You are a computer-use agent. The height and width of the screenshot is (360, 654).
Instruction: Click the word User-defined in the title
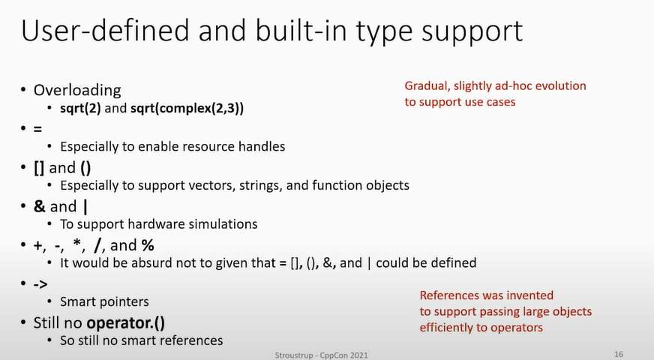pyautogui.click(x=105, y=30)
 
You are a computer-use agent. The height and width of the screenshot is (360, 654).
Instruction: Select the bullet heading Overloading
pyautogui.click(x=77, y=90)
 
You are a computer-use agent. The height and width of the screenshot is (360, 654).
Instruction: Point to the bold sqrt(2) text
pyautogui.click(x=80, y=109)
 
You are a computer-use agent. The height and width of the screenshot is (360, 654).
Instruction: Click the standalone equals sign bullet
pyautogui.click(x=37, y=129)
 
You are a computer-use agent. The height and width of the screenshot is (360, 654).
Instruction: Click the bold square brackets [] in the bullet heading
pyautogui.click(x=39, y=168)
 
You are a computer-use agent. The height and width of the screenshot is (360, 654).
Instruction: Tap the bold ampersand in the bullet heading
pyautogui.click(x=39, y=206)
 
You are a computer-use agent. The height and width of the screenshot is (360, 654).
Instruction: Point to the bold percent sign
pyautogui.click(x=148, y=245)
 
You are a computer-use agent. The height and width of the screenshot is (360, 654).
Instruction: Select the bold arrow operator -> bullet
pyautogui.click(x=40, y=284)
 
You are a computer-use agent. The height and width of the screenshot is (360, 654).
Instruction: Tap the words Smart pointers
pyautogui.click(x=104, y=301)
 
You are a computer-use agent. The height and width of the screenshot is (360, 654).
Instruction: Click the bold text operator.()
pyautogui.click(x=125, y=322)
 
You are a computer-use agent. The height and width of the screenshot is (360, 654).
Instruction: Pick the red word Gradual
pyautogui.click(x=427, y=86)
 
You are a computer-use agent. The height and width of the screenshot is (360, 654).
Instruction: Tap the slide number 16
pyautogui.click(x=619, y=354)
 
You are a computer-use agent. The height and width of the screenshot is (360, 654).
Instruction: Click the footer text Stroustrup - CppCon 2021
pyautogui.click(x=321, y=355)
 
